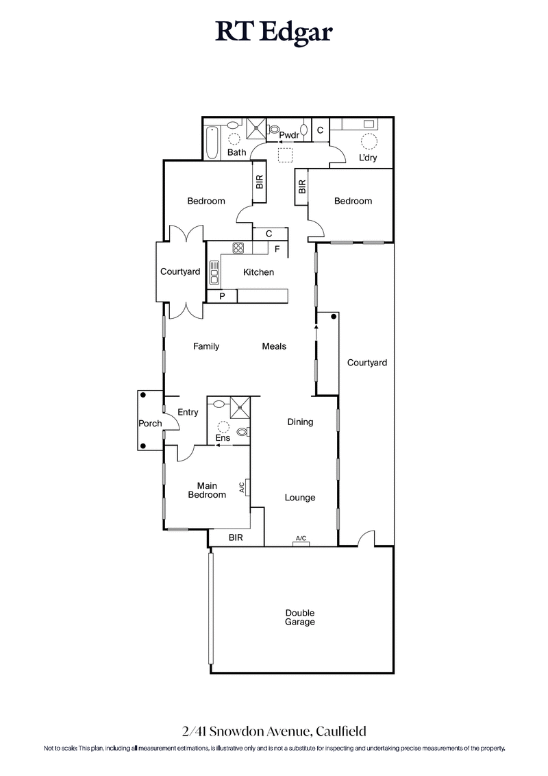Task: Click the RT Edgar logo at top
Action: (274, 32)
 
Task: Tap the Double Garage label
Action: (300, 618)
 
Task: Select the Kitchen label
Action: (258, 272)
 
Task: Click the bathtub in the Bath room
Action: (212, 141)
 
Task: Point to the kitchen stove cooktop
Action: (238, 248)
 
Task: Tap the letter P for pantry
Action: (222, 296)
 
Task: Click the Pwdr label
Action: (289, 135)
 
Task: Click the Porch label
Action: (150, 423)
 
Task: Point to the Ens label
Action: (223, 437)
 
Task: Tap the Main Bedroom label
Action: (207, 489)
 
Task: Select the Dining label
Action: (300, 422)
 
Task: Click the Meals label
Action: (274, 346)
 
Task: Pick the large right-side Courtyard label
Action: (366, 363)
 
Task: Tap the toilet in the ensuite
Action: (243, 431)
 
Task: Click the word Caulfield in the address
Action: (345, 732)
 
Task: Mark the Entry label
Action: (188, 412)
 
